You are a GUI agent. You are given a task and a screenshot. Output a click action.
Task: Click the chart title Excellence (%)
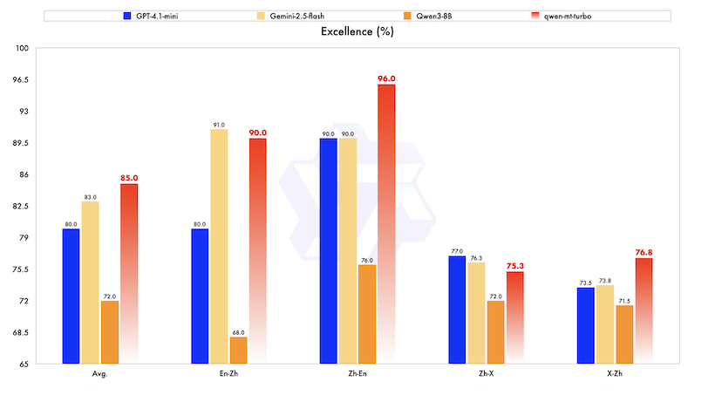click(357, 32)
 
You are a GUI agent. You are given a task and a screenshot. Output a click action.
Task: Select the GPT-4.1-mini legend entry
click(157, 16)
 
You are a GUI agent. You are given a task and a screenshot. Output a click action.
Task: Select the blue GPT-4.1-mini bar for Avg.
click(71, 296)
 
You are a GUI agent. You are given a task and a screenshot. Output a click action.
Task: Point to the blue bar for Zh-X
click(458, 310)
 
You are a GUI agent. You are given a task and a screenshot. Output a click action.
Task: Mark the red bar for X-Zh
click(643, 310)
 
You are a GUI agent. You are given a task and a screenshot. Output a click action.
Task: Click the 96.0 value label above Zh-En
click(386, 78)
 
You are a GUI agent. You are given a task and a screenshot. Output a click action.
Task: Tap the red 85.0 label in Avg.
click(129, 178)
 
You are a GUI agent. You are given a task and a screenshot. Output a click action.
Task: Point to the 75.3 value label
click(514, 266)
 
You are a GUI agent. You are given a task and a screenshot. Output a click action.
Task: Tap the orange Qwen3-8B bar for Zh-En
click(367, 314)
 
